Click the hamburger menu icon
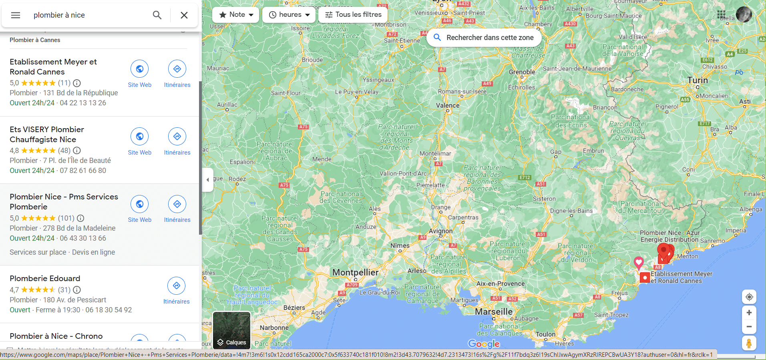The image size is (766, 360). click(x=16, y=15)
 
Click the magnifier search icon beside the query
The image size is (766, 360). click(x=157, y=15)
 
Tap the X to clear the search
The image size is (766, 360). click(x=184, y=15)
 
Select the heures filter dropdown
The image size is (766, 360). click(x=290, y=15)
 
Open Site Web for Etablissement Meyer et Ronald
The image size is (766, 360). click(x=140, y=69)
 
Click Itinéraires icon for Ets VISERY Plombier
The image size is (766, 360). click(x=177, y=137)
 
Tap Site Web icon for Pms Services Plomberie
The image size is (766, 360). click(x=140, y=204)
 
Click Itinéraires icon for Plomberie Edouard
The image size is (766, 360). click(x=177, y=286)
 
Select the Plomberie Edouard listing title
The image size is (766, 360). click(x=45, y=279)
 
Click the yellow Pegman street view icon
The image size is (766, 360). click(x=749, y=343)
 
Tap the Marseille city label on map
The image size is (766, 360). click(x=493, y=312)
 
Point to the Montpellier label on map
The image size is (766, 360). click(x=355, y=273)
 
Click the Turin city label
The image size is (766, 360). click(x=698, y=80)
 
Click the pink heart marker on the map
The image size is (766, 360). click(x=639, y=262)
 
